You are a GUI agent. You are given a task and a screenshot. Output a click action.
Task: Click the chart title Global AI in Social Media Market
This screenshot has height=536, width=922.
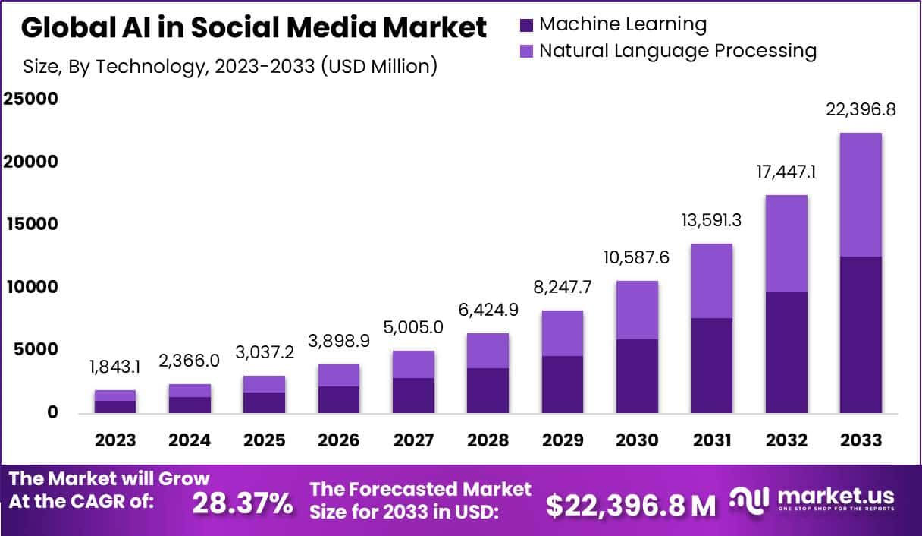tap(254, 28)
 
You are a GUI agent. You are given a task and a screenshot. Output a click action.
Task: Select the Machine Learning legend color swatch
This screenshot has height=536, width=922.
tap(527, 24)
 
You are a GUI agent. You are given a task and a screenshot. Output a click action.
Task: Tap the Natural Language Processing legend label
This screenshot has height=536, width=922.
tap(677, 51)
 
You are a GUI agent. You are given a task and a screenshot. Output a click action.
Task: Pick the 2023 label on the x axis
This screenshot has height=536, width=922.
tap(115, 440)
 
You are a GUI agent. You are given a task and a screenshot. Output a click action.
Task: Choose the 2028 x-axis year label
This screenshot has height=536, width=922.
tap(488, 440)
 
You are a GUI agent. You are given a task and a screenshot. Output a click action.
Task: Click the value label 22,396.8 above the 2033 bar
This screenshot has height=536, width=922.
tap(861, 110)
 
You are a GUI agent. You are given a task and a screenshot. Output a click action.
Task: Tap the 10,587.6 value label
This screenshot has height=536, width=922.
tap(637, 257)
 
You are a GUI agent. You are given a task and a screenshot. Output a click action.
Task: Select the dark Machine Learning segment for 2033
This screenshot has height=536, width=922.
tap(861, 334)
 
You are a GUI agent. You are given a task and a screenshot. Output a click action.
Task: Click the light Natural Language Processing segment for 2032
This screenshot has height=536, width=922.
tap(786, 243)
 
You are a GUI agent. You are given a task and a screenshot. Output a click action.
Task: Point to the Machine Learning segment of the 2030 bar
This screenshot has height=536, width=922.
tap(637, 376)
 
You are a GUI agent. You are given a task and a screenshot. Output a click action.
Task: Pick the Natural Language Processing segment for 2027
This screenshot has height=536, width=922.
tap(413, 364)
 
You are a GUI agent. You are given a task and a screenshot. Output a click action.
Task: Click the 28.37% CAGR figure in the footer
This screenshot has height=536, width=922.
tap(242, 503)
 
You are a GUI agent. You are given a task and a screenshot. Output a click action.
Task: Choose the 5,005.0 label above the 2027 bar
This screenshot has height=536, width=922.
tap(413, 326)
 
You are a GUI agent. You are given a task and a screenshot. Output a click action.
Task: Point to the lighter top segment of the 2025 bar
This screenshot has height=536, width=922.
tap(265, 384)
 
